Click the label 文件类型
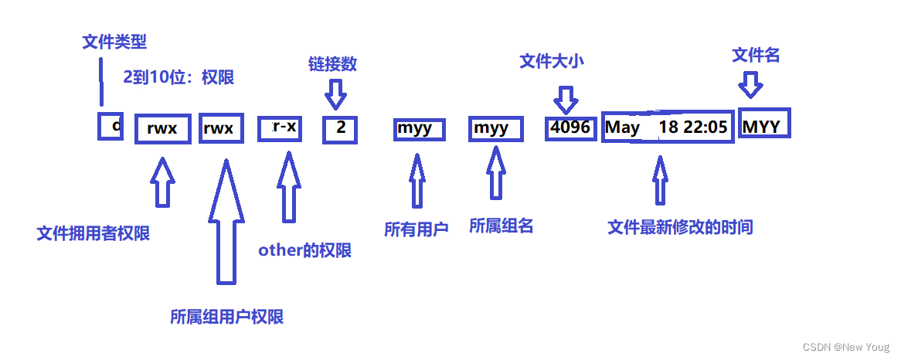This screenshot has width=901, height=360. [x=114, y=41]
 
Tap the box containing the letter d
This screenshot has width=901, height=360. [x=110, y=126]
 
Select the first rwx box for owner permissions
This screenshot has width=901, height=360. [x=162, y=128]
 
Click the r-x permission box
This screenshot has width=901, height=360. [x=280, y=127]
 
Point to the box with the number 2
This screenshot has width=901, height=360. [x=340, y=128]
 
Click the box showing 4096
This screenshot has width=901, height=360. [x=570, y=127]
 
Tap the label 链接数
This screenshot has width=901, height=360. [x=332, y=64]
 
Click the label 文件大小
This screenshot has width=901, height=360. [x=552, y=62]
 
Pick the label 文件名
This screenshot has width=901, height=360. [x=756, y=55]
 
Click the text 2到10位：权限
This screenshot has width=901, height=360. [x=178, y=77]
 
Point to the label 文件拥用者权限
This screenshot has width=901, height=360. [x=93, y=233]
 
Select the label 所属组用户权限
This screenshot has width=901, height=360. [x=226, y=317]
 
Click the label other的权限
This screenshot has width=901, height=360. [x=304, y=250]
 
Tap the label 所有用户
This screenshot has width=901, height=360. [x=416, y=229]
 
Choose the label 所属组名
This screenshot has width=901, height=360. [x=501, y=226]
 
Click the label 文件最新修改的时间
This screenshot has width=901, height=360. [x=680, y=227]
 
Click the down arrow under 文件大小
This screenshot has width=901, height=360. [x=566, y=99]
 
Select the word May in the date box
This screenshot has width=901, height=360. [x=622, y=127]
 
